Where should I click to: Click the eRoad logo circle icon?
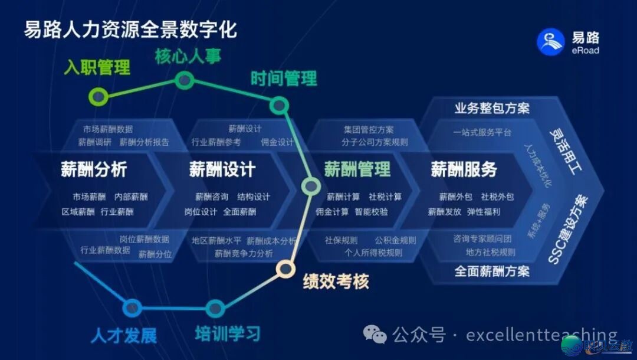550,41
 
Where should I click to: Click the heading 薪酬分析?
94,169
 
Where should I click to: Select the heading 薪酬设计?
222,169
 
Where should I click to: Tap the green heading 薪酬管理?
357,169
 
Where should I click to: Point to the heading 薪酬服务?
464,169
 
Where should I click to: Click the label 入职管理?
97,67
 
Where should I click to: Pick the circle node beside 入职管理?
98,96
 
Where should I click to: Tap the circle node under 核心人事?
185,80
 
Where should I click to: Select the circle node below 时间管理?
278,106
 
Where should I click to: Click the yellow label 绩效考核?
336,282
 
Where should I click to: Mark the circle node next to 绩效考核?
286,269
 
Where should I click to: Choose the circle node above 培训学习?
215,308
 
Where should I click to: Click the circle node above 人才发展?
132,307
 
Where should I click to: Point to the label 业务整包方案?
492,109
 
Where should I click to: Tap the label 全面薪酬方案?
492,271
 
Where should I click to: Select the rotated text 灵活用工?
566,151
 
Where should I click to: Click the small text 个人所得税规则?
373,253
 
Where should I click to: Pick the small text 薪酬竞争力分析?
244,253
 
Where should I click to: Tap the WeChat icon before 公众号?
375,335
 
